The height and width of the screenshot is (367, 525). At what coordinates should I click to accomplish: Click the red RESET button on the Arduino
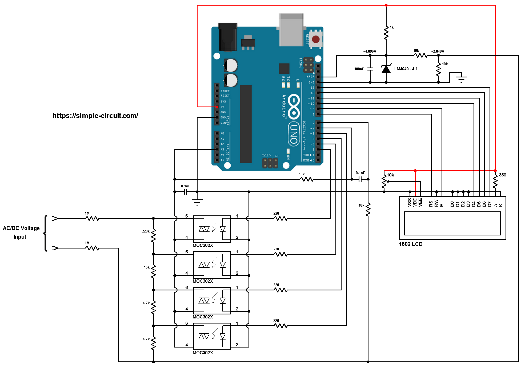point(316,39)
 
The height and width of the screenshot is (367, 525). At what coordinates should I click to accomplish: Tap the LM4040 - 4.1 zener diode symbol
point(386,69)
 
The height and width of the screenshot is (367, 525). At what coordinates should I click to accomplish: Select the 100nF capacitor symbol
point(370,69)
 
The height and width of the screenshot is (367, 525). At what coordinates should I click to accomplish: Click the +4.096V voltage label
point(370,51)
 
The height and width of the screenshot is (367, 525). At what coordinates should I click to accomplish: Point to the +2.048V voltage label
point(438,51)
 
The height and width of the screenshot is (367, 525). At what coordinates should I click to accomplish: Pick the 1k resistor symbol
point(386,33)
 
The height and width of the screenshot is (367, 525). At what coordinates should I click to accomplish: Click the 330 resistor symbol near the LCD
point(495,181)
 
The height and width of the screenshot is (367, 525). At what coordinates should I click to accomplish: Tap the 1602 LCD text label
point(411,244)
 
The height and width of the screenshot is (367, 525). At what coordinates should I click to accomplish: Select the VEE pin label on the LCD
point(420,202)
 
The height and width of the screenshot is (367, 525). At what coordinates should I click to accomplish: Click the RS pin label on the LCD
point(431,204)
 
